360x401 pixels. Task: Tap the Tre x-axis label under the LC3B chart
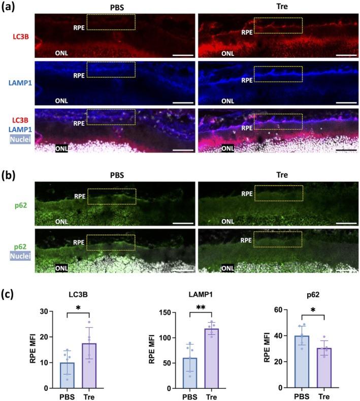(89, 396)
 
